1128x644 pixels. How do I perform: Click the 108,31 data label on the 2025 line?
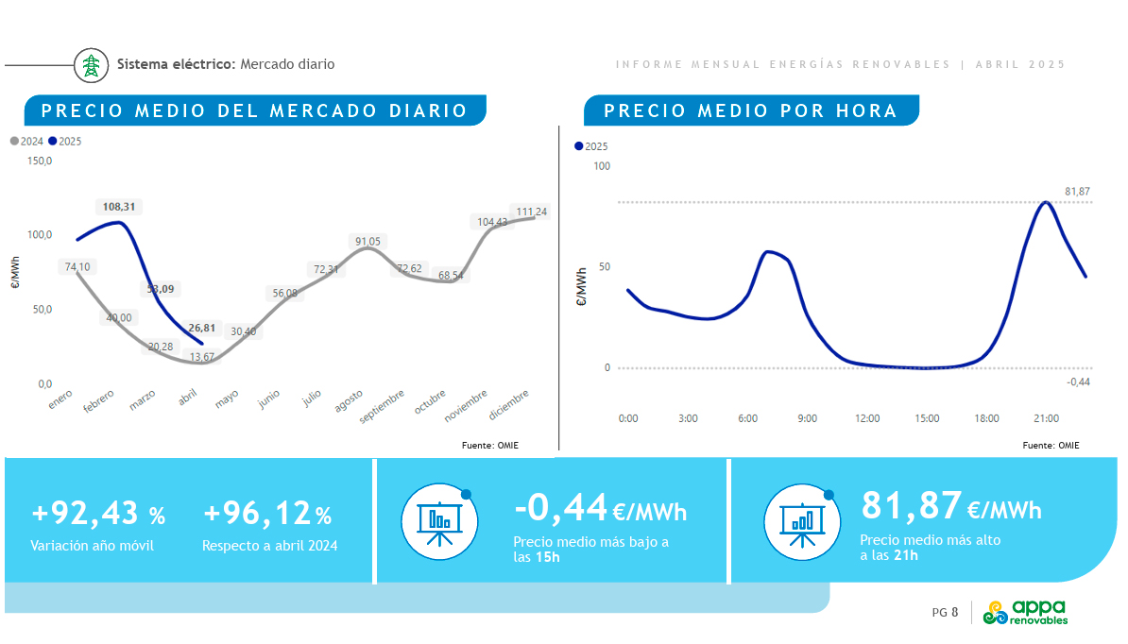[x=118, y=206]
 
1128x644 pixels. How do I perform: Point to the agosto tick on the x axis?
[x=349, y=400]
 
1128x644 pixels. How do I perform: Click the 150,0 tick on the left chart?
[x=41, y=161]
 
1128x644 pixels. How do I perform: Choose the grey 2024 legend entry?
[x=26, y=142]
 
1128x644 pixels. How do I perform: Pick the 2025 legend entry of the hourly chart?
[x=591, y=146]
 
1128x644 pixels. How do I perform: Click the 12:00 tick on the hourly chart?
[x=866, y=418]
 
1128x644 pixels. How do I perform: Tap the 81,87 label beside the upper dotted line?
[x=1077, y=192]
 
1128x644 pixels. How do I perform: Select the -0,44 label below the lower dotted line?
[x=1078, y=381]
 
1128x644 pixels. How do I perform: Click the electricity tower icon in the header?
[x=91, y=65]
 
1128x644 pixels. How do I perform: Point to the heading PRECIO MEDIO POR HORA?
[x=750, y=110]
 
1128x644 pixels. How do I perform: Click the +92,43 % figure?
[x=98, y=515]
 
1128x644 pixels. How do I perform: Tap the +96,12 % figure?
[x=267, y=515]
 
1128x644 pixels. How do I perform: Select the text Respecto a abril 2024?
[x=269, y=545]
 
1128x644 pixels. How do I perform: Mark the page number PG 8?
[x=945, y=613]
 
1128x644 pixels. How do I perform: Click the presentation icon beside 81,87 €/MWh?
[x=799, y=520]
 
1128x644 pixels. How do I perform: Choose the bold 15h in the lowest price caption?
[x=548, y=557]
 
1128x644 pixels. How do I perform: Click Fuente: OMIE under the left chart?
[x=489, y=445]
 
